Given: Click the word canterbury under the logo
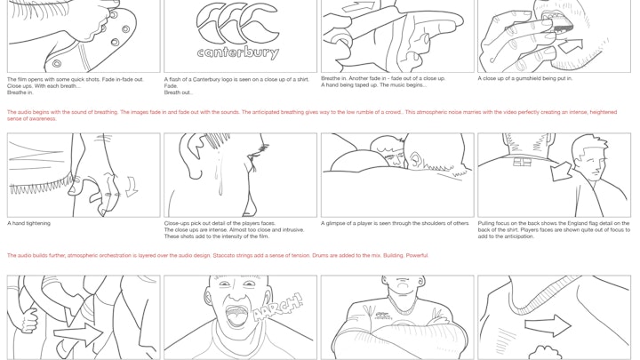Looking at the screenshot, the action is pyautogui.click(x=238, y=52).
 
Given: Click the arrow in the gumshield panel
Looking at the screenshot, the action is pyautogui.click(x=570, y=46).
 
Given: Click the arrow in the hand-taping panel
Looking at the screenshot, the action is pyautogui.click(x=359, y=7).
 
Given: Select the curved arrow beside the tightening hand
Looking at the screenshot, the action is pyautogui.click(x=132, y=187).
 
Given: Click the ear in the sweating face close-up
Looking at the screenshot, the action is pyautogui.click(x=197, y=155).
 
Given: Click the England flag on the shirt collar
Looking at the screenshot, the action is pyautogui.click(x=522, y=162).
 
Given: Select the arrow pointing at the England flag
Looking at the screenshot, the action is pyautogui.click(x=561, y=171).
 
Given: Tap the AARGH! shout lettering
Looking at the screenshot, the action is pyautogui.click(x=278, y=308).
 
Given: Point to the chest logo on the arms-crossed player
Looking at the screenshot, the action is pyautogui.click(x=384, y=315).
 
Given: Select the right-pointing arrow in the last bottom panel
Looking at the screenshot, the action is pyautogui.click(x=548, y=325).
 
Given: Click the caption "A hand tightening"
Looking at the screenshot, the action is pyautogui.click(x=29, y=223).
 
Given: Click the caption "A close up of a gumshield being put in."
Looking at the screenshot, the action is pyautogui.click(x=525, y=78).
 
